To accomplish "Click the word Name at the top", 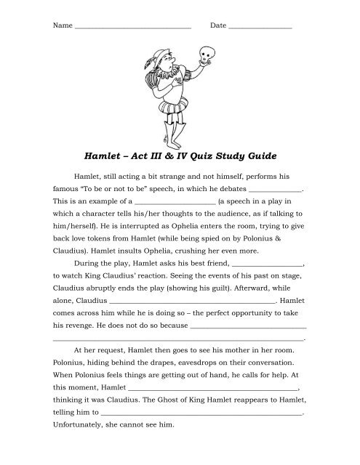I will point(63,25).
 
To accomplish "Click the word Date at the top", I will point(217,25).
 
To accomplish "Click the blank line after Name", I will point(132,27).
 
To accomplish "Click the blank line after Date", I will point(260,27).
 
